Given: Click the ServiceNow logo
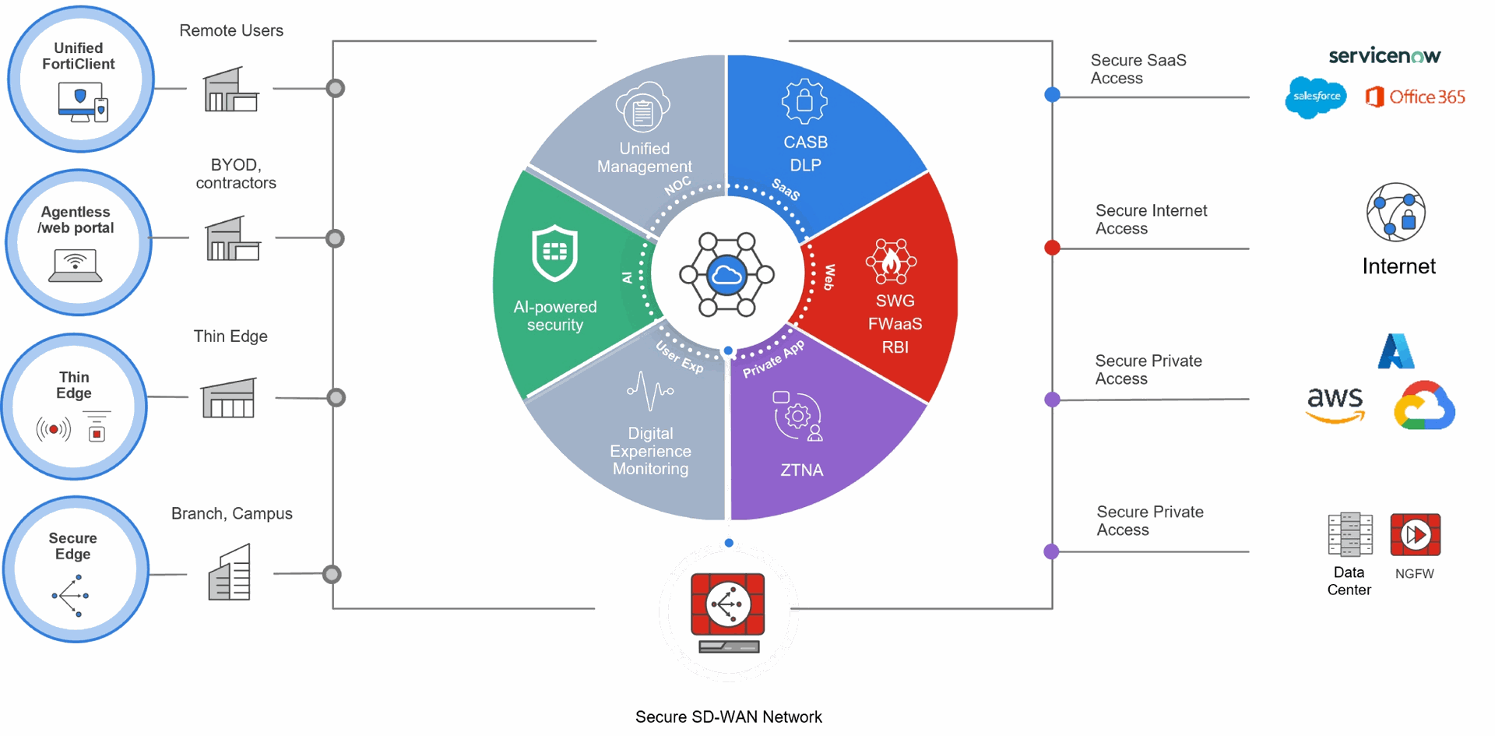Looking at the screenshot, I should click(x=1384, y=56).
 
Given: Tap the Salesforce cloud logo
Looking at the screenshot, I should click(x=1316, y=97).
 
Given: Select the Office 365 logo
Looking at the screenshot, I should click(x=1415, y=97).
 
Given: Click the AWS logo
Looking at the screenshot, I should click(x=1335, y=404).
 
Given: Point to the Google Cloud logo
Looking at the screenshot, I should click(x=1424, y=406).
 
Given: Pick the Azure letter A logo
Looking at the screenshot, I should click(x=1396, y=351).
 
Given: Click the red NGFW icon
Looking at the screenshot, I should click(x=1415, y=535).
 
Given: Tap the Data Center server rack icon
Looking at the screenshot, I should click(x=1350, y=535).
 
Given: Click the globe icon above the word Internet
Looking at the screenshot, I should click(x=1396, y=213).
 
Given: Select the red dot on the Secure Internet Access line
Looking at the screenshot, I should click(x=1052, y=248).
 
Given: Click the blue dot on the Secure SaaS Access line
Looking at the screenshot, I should click(x=1052, y=95).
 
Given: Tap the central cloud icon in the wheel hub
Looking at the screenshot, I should click(x=726, y=275).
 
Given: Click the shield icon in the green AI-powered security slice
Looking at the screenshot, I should click(x=554, y=252).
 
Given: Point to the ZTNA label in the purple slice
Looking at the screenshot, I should click(x=801, y=470).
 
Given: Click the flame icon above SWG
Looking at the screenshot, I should click(x=892, y=262).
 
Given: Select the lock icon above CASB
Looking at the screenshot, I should click(x=804, y=101).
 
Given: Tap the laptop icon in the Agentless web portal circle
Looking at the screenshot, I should click(x=76, y=265).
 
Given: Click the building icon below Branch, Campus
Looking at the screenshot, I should click(x=230, y=573).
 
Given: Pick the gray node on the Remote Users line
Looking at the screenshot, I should click(x=336, y=88).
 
